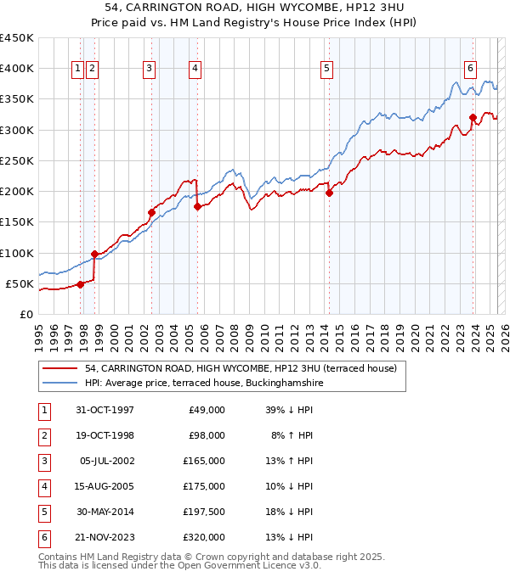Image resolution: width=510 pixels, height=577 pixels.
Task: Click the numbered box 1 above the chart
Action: [77, 69]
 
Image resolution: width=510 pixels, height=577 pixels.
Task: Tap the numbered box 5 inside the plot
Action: [326, 69]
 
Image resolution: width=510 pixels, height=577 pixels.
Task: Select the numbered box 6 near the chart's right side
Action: [470, 69]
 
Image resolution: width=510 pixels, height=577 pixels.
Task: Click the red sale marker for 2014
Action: [329, 192]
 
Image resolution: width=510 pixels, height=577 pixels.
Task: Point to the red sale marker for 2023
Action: [473, 117]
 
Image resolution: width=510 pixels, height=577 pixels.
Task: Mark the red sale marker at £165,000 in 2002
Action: [151, 212]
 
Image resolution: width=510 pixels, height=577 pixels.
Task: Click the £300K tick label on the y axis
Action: [17, 130]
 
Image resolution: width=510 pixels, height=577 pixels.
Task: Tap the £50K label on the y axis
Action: [20, 283]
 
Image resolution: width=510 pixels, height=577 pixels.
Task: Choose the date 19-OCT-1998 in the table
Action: [105, 434]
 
